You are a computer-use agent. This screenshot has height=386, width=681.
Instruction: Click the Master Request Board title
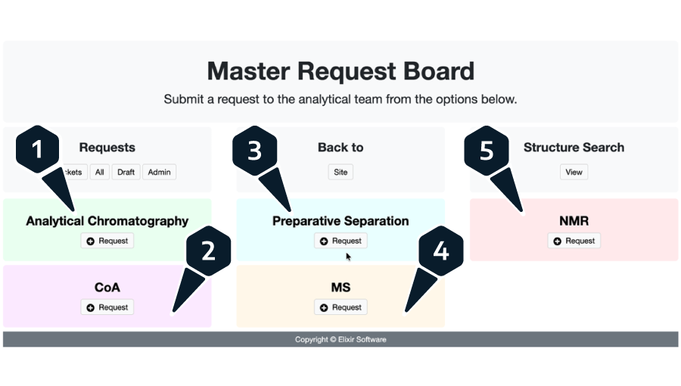340,71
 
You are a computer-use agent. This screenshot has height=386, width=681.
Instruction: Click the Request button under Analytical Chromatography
107,241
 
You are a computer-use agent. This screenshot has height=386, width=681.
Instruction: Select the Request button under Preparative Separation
340,241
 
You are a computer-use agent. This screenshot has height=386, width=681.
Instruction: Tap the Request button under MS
340,307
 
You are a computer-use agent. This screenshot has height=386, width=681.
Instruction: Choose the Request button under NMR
574,241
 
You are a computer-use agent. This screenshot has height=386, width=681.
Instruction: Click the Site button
340,172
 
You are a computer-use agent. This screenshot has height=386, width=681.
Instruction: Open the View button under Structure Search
574,172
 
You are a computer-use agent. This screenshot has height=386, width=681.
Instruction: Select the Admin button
159,172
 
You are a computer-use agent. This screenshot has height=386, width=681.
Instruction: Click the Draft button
126,172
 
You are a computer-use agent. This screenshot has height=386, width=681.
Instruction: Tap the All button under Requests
99,172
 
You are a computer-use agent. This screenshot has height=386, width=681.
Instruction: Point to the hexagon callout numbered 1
37,150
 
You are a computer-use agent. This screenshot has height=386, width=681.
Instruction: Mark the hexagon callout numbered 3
254,150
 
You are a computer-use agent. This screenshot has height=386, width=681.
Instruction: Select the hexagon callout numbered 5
487,150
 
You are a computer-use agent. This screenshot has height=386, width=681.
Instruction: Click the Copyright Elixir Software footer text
340,340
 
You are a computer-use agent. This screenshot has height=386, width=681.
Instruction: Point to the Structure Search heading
574,148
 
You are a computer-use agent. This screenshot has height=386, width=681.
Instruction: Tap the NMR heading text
574,221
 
